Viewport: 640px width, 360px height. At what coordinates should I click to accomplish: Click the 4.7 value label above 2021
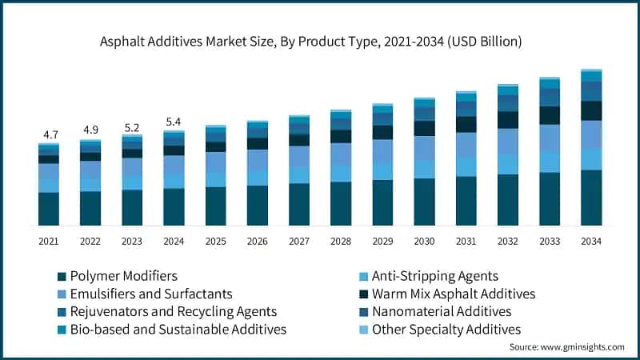pyautogui.click(x=49, y=134)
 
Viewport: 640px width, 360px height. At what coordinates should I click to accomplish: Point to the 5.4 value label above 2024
pyautogui.click(x=174, y=122)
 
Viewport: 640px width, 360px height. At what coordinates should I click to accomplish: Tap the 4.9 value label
pyautogui.click(x=90, y=130)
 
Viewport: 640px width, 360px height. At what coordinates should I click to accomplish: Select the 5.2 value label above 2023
pyautogui.click(x=132, y=126)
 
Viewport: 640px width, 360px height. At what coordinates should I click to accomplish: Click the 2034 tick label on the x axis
pyautogui.click(x=590, y=240)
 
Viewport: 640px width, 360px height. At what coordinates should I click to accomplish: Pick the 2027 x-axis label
pyautogui.click(x=298, y=240)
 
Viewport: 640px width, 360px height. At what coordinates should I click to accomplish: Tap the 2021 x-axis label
pyautogui.click(x=49, y=240)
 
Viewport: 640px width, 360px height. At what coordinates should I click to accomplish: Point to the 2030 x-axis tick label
pyautogui.click(x=424, y=240)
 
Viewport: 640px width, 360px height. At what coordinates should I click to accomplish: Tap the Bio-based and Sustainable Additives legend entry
pyautogui.click(x=178, y=329)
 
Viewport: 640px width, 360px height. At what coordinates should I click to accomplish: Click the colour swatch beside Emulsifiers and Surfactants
pyautogui.click(x=62, y=294)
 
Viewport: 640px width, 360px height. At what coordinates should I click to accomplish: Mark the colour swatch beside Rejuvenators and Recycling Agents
pyautogui.click(x=62, y=312)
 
